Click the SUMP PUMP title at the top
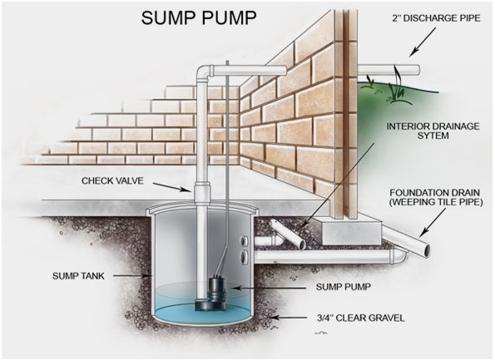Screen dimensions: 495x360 click(x=199, y=18)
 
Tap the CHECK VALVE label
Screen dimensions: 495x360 click(x=112, y=180)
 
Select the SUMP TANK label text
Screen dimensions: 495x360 click(x=78, y=276)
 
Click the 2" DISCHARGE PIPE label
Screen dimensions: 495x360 click(x=436, y=18)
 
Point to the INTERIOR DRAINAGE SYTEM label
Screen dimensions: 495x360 click(x=433, y=131)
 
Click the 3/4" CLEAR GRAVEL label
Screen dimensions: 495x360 click(x=360, y=318)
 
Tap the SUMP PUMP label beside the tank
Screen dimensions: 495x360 click(x=343, y=287)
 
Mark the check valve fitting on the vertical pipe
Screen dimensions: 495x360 click(x=202, y=191)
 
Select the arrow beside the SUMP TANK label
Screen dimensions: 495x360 click(x=131, y=276)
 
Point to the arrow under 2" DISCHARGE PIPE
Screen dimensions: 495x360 click(x=423, y=42)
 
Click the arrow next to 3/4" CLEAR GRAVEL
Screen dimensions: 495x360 click(x=289, y=318)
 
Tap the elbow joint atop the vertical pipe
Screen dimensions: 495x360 click(x=205, y=73)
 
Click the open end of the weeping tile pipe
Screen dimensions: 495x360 click(x=426, y=251)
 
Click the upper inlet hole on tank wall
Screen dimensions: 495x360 click(x=244, y=241)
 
